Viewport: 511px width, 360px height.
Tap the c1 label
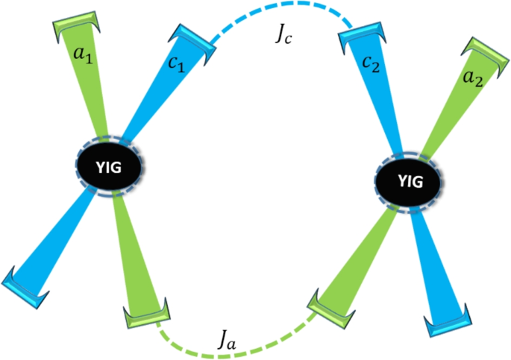tap(176, 65)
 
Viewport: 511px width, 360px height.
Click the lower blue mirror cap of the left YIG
tap(22, 282)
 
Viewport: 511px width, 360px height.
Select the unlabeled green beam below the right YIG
tap(362, 250)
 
